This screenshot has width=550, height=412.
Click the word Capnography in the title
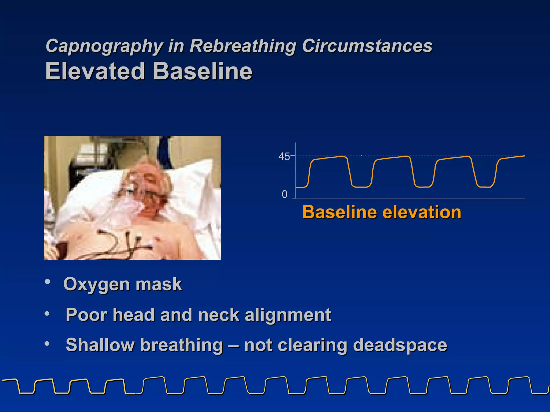pos(104,46)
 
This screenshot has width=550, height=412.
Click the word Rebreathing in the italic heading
pos(243,46)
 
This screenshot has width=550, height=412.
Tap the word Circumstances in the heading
pos(367,46)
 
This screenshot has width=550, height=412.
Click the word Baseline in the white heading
pos(203,71)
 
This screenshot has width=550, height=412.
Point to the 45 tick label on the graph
pos(284,157)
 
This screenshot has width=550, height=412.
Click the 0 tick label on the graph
pos(284,194)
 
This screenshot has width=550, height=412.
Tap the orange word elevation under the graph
pos(422,212)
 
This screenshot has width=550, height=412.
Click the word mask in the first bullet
pos(159,284)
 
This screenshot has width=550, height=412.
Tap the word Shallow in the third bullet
pos(100,345)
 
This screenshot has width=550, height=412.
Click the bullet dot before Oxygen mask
pos(48,282)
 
